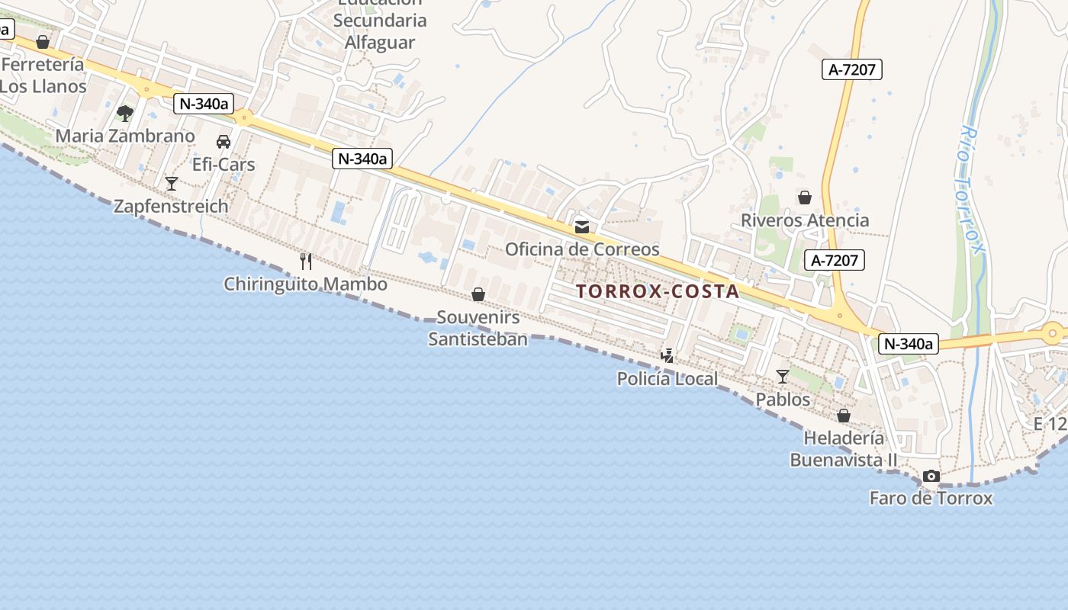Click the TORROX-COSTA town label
658,291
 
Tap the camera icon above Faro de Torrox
931,477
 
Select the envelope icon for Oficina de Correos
582,227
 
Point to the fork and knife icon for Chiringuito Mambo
306,262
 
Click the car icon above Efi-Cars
224,142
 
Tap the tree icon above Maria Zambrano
125,114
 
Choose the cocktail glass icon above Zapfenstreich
172,184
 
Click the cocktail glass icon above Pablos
783,377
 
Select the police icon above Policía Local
667,355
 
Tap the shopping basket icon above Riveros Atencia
805,198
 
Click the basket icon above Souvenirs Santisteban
478,294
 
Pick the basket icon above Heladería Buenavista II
844,416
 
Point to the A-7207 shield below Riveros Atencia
835,260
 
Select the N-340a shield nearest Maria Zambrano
203,104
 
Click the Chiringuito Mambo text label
305,284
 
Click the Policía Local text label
667,379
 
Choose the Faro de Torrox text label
931,499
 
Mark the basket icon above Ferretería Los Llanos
43,42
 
